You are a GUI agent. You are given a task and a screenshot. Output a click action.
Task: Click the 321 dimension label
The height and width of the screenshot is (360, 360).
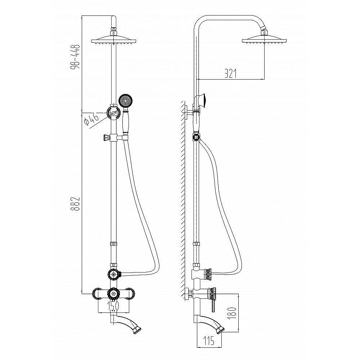click(230, 73)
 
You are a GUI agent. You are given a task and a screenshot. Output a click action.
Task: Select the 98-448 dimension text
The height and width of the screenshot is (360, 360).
click(75, 57)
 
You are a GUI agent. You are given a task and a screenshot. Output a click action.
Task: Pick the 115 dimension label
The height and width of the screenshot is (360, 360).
click(208, 340)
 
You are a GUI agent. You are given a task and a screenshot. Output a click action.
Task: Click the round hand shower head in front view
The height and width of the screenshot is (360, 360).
click(126, 101)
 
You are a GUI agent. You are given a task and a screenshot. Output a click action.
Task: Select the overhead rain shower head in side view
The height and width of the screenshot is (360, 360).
click(264, 39)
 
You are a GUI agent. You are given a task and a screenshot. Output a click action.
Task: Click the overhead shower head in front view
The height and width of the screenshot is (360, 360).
click(114, 39)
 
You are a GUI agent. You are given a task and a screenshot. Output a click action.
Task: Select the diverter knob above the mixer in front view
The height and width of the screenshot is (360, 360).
click(114, 274)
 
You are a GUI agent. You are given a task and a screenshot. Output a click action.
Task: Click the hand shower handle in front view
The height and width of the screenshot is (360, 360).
click(125, 122)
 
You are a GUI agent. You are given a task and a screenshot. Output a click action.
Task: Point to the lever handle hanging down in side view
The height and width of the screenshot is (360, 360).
click(213, 306)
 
